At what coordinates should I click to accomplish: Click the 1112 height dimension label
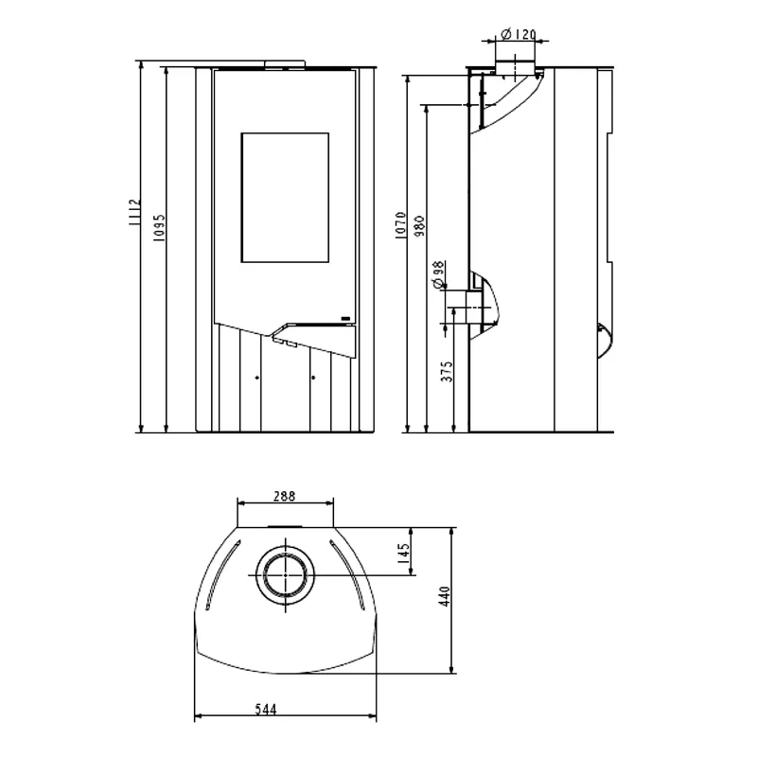133,211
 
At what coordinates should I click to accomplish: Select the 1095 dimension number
159,228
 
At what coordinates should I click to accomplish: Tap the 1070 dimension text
400,225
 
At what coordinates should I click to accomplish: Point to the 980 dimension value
419,226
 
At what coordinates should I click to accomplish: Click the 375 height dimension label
448,371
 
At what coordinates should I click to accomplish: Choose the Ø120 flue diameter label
519,34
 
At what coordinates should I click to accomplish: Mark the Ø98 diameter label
438,274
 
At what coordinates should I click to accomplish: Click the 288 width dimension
285,496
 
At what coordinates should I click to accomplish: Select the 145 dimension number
404,551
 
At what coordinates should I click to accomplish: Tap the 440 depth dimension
444,596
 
